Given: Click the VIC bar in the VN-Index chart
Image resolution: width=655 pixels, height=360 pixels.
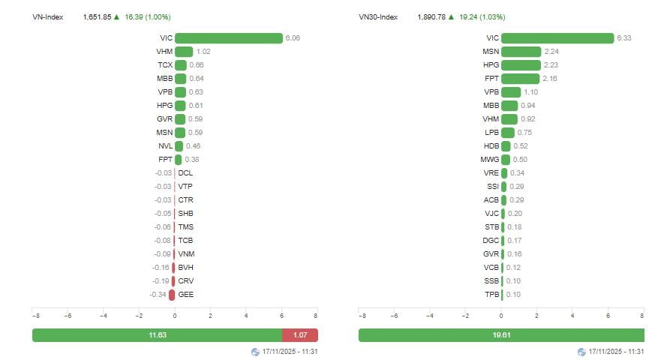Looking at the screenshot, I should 228,38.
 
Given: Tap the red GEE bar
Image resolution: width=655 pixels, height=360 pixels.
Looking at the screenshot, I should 172,295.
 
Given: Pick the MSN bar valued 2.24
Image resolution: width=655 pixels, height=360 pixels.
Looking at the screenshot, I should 521,52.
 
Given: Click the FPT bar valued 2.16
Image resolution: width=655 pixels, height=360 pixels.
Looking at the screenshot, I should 520,79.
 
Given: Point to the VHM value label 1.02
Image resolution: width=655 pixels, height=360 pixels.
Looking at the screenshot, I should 204,52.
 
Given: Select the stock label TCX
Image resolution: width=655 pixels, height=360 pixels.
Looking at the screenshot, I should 165,65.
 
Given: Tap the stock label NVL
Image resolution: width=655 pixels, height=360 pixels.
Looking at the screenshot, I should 165,146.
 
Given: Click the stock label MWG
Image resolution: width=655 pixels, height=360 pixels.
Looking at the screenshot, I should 490,160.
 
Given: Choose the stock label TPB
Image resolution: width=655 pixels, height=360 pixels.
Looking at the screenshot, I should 491,295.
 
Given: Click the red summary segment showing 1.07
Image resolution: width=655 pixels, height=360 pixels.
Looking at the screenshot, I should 299,335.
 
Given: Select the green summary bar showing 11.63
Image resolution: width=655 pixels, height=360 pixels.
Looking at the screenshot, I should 157,335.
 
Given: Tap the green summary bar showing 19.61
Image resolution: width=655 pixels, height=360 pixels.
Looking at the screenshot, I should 501,335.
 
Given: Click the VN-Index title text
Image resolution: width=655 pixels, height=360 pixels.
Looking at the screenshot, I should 47,16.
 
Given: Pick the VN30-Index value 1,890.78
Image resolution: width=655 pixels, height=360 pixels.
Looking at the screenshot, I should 431,16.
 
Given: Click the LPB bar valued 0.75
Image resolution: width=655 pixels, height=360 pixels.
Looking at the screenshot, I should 508,133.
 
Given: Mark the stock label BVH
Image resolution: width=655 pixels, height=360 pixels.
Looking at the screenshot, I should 185,268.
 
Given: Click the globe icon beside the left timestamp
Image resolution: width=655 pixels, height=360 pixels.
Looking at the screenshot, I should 255,352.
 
